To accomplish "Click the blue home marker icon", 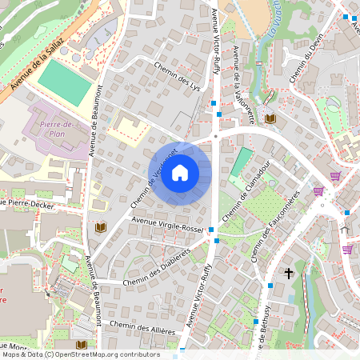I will click(x=180, y=173).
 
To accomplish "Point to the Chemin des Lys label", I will click(x=177, y=78).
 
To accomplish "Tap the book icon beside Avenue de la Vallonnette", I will click(x=270, y=118).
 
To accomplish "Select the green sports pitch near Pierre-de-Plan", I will click(x=65, y=82).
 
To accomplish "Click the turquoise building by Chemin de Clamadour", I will click(x=240, y=163).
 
